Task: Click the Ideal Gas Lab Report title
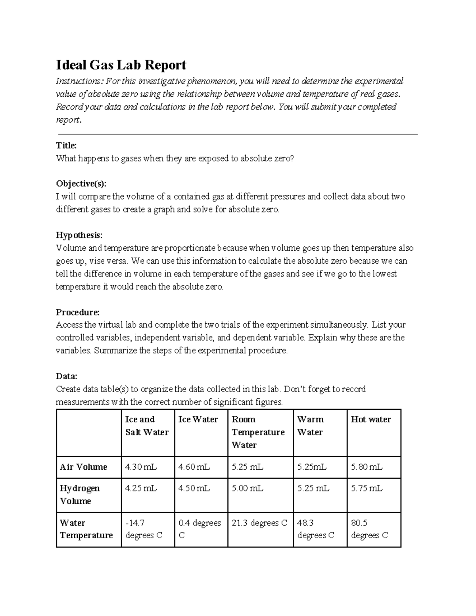pos(121,65)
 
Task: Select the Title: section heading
pos(66,146)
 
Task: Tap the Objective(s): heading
pos(81,184)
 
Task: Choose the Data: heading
pos(67,376)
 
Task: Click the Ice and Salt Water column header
pos(146,426)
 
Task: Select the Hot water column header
pos(370,419)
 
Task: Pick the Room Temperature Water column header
pos(258,432)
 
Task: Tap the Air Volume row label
pos(83,467)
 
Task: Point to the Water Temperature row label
pos(86,529)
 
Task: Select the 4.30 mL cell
pos(141,467)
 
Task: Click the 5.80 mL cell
pos(367,467)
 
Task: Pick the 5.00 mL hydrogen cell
pos(247,488)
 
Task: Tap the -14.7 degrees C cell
pos(143,529)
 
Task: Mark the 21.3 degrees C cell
pos(259,523)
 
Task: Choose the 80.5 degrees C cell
pos(369,529)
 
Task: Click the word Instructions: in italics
pos(80,81)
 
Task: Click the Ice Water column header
pos(198,419)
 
